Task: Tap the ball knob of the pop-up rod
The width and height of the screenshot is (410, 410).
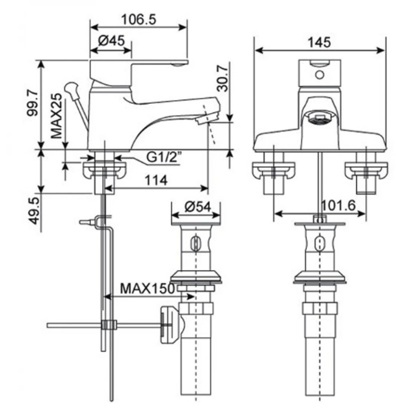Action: pos(69,88)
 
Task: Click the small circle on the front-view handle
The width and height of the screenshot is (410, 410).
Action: pos(319,75)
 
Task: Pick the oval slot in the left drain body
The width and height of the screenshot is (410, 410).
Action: pos(195,243)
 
